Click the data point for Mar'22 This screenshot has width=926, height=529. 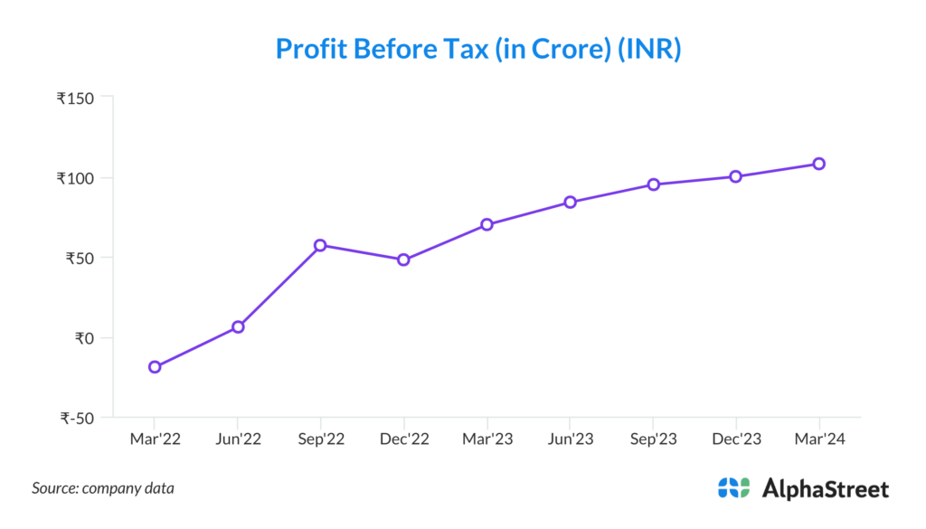(x=155, y=366)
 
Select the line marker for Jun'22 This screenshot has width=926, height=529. (x=238, y=326)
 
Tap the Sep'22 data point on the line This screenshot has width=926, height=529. (x=320, y=245)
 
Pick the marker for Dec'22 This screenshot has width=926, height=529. (x=403, y=260)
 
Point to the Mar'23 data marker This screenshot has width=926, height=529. (x=487, y=224)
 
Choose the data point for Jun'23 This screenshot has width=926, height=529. (x=570, y=202)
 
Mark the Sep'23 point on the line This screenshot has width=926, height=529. (x=653, y=184)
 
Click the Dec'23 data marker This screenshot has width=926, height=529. (x=736, y=176)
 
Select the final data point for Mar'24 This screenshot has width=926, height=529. (x=818, y=164)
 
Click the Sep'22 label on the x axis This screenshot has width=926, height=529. (x=320, y=439)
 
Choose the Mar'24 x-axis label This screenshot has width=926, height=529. (x=818, y=439)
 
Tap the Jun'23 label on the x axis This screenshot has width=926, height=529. (x=570, y=439)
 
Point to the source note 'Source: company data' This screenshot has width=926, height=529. (x=103, y=488)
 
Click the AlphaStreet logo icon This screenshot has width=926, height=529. (x=733, y=488)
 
